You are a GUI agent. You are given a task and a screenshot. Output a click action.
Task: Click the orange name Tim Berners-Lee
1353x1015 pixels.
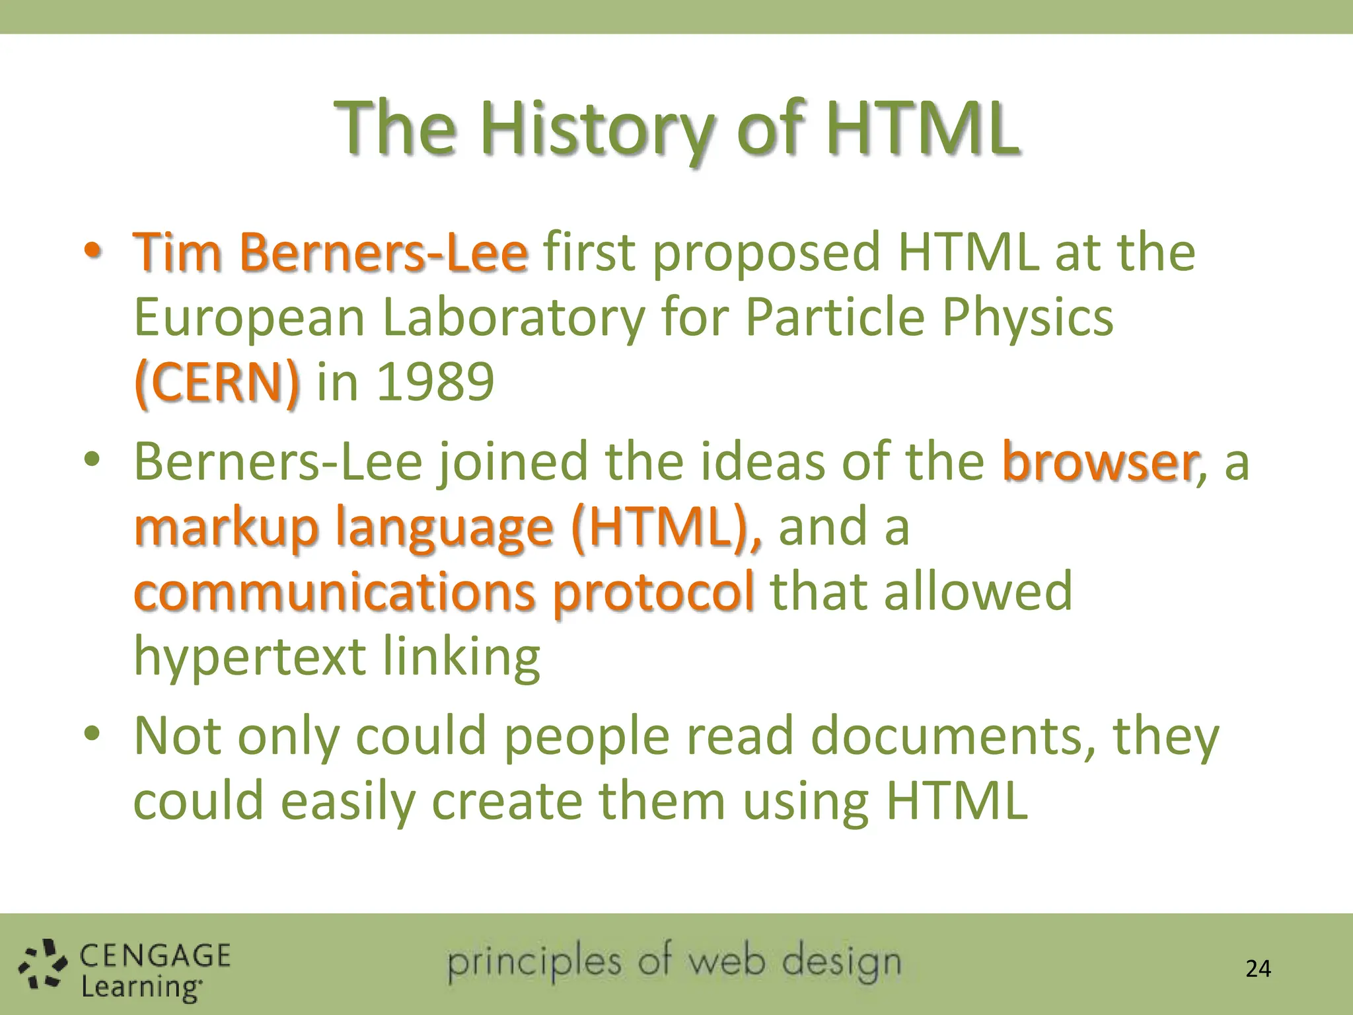[330, 252]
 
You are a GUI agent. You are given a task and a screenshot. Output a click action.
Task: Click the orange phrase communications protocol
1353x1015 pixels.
[443, 591]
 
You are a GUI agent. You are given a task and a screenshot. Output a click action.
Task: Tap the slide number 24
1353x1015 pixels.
[1258, 969]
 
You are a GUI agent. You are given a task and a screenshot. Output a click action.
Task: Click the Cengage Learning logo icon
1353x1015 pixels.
[42, 966]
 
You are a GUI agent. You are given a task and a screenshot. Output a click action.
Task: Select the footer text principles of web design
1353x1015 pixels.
[674, 962]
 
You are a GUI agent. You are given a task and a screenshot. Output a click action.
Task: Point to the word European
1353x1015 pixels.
[250, 318]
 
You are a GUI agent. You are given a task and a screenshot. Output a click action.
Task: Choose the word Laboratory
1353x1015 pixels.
[513, 318]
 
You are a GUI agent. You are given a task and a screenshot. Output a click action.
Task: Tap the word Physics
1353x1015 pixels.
[1027, 318]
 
